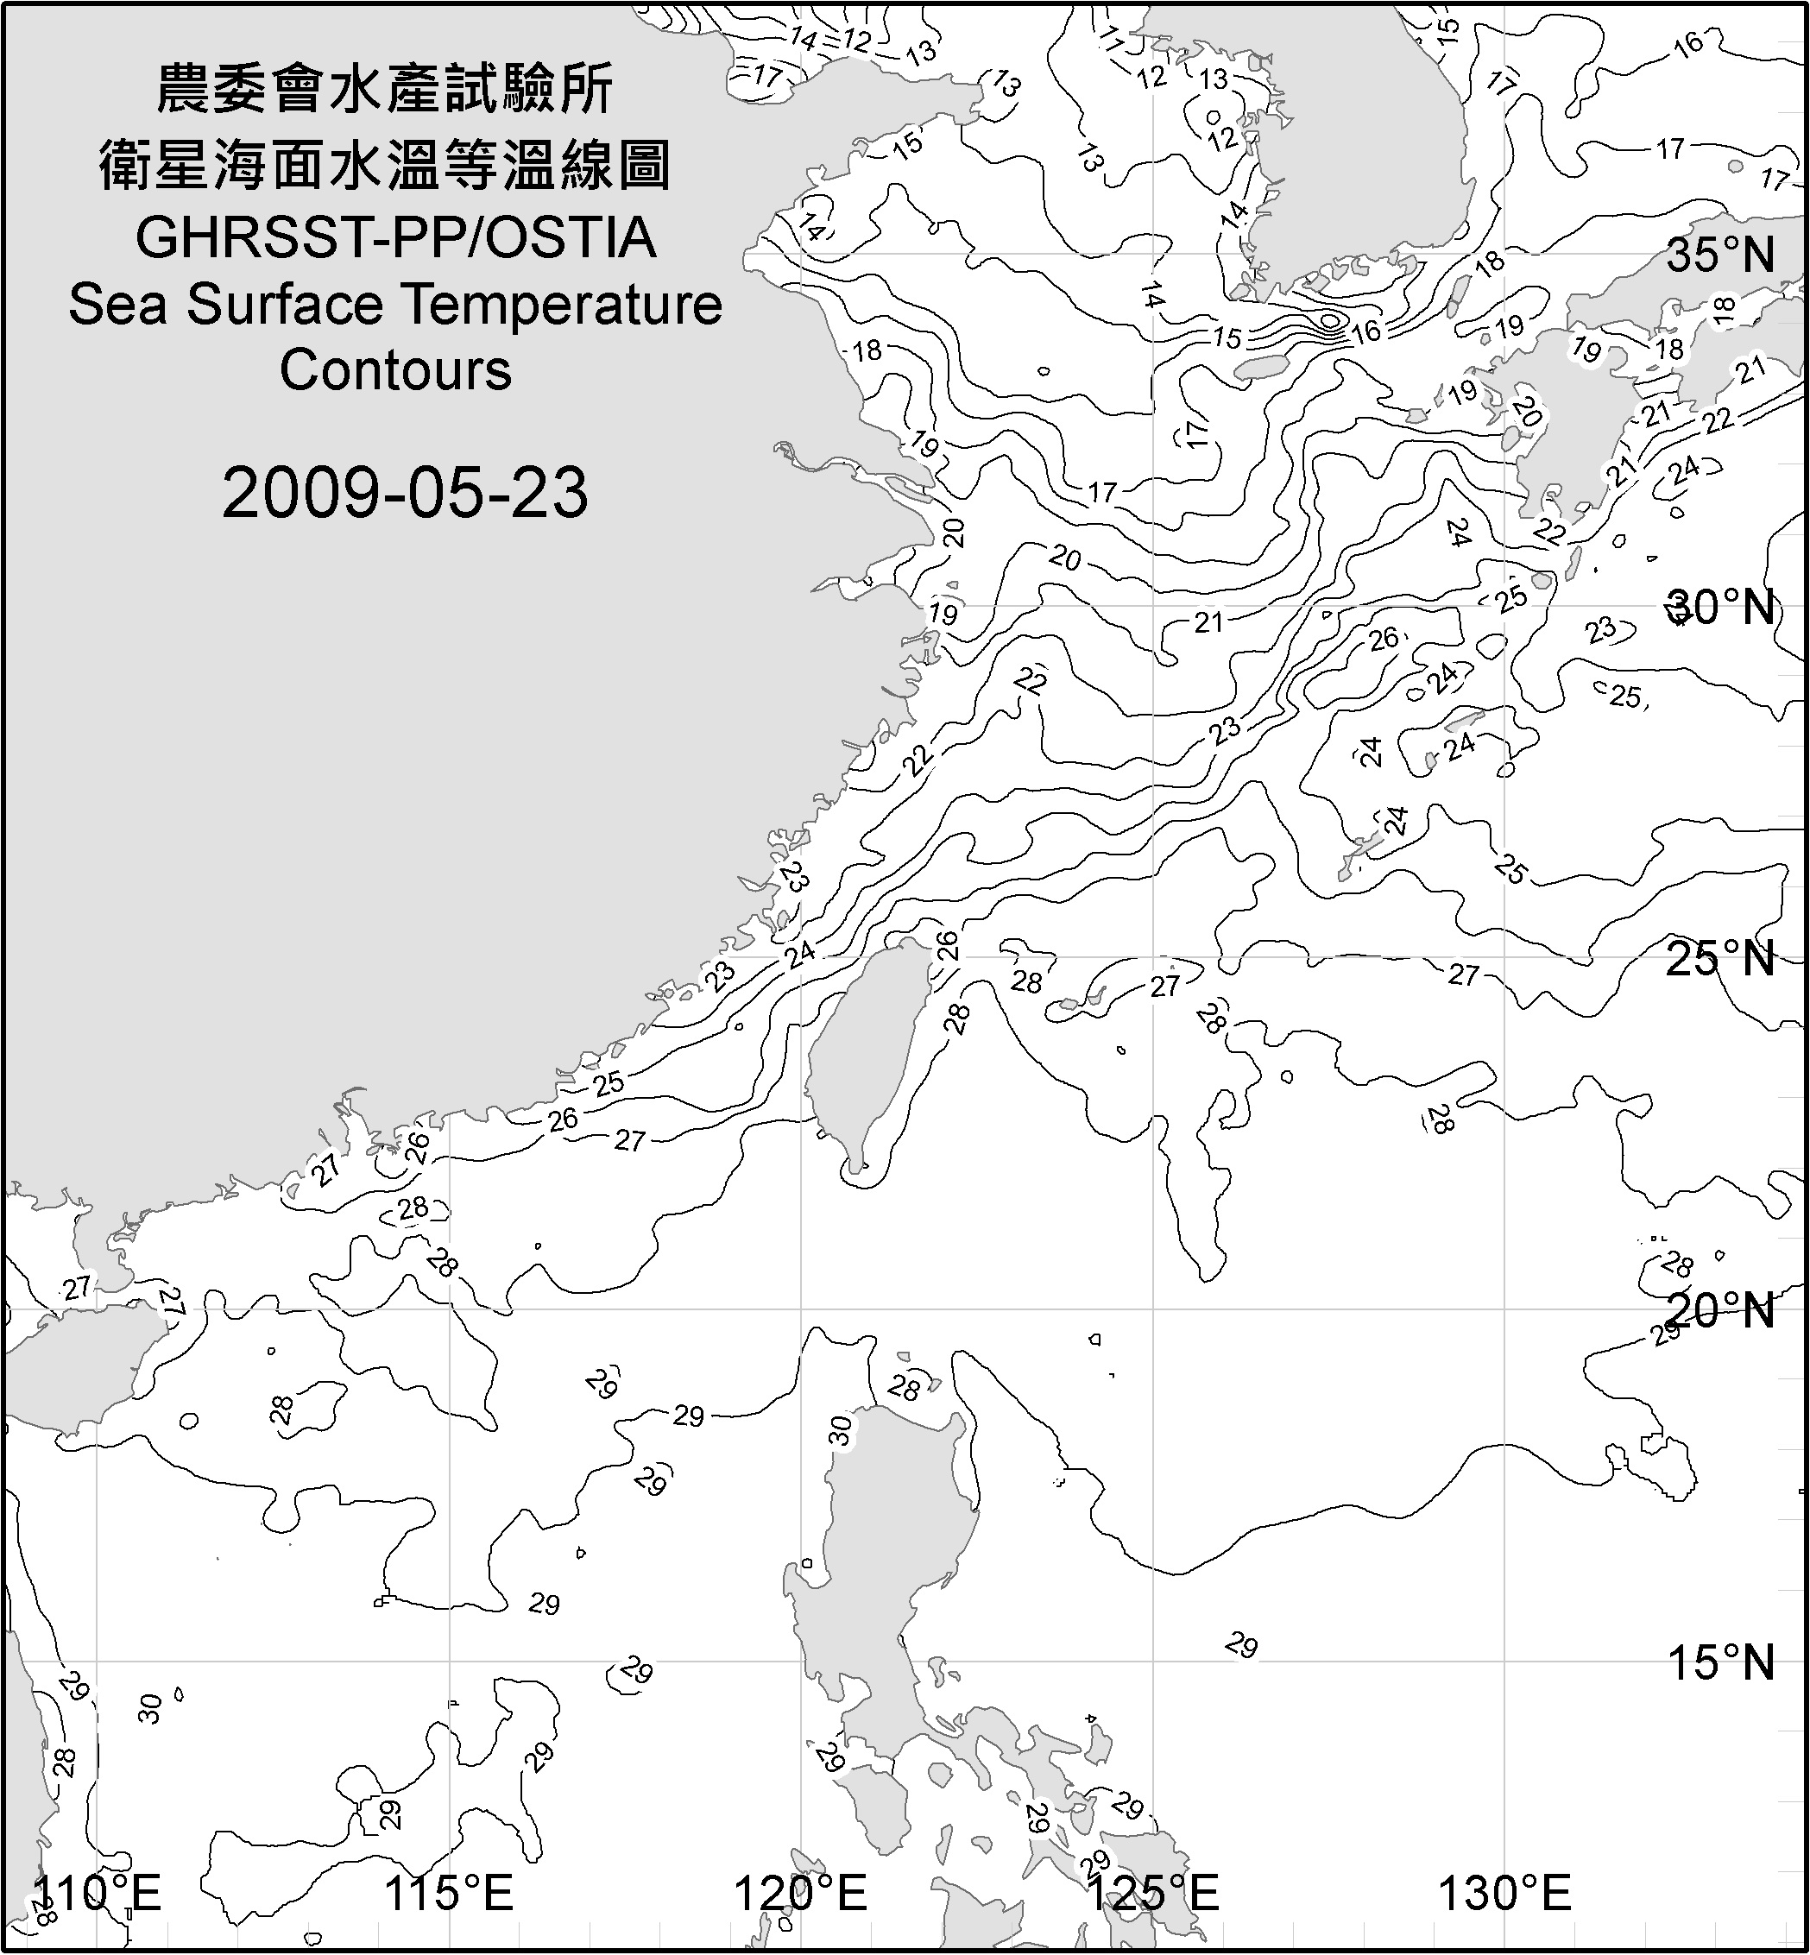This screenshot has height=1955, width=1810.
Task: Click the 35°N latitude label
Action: tap(1720, 255)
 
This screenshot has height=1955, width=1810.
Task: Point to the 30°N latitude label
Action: tap(1720, 609)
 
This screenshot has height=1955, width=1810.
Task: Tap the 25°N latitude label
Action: tap(1720, 958)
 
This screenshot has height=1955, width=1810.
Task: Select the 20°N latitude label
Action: tap(1720, 1310)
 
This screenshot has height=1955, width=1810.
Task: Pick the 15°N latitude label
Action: tap(1720, 1663)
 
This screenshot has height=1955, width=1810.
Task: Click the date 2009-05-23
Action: tap(405, 493)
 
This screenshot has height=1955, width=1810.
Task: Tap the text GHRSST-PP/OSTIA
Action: tap(395, 238)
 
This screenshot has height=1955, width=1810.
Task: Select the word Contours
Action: tap(395, 370)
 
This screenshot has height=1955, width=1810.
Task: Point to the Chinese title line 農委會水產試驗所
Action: tap(385, 90)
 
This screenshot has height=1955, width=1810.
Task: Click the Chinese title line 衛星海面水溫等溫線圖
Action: tap(385, 165)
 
